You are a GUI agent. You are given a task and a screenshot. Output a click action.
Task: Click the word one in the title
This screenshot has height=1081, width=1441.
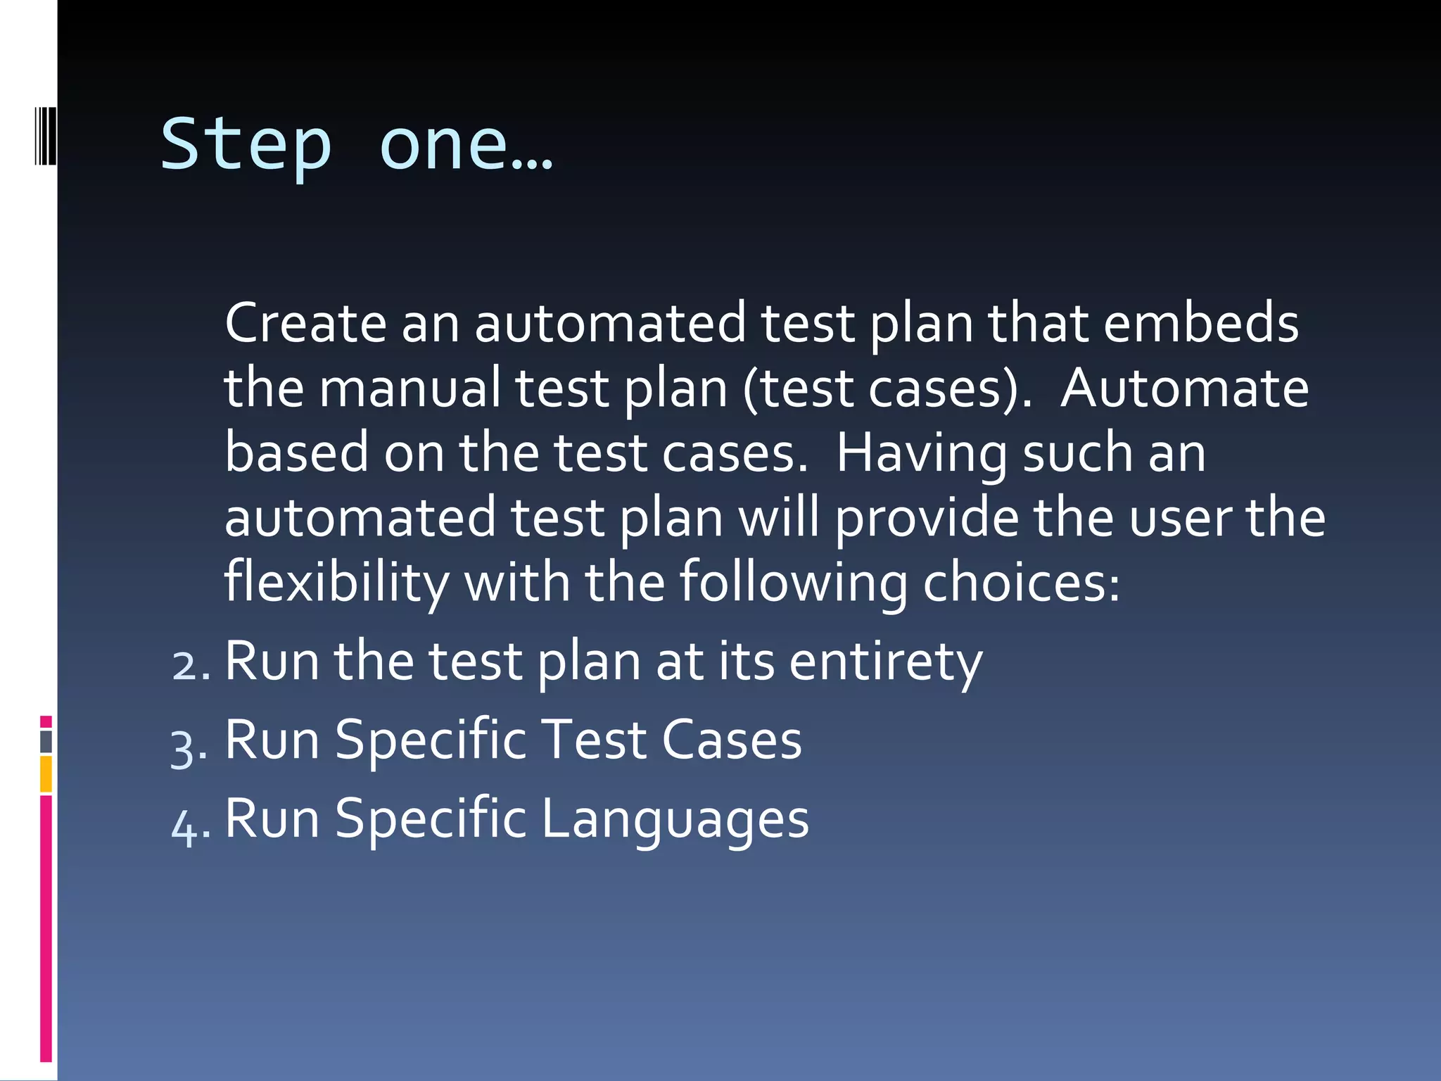point(443,144)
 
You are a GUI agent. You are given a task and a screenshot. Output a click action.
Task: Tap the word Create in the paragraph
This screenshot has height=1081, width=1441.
point(305,323)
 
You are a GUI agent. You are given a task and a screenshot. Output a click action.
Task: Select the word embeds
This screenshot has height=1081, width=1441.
point(1200,323)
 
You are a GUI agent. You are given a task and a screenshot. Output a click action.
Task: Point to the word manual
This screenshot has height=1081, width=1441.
point(410,388)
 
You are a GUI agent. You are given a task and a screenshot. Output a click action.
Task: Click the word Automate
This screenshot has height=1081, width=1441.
point(1184,388)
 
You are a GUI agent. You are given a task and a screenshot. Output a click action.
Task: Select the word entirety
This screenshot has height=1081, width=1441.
point(885,663)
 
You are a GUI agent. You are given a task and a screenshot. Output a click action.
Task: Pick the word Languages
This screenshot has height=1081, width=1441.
point(675,820)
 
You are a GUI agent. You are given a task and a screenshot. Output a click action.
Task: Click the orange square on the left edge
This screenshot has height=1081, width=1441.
point(46,774)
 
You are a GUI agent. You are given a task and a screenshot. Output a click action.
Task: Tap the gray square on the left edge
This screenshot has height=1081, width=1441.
point(46,742)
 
